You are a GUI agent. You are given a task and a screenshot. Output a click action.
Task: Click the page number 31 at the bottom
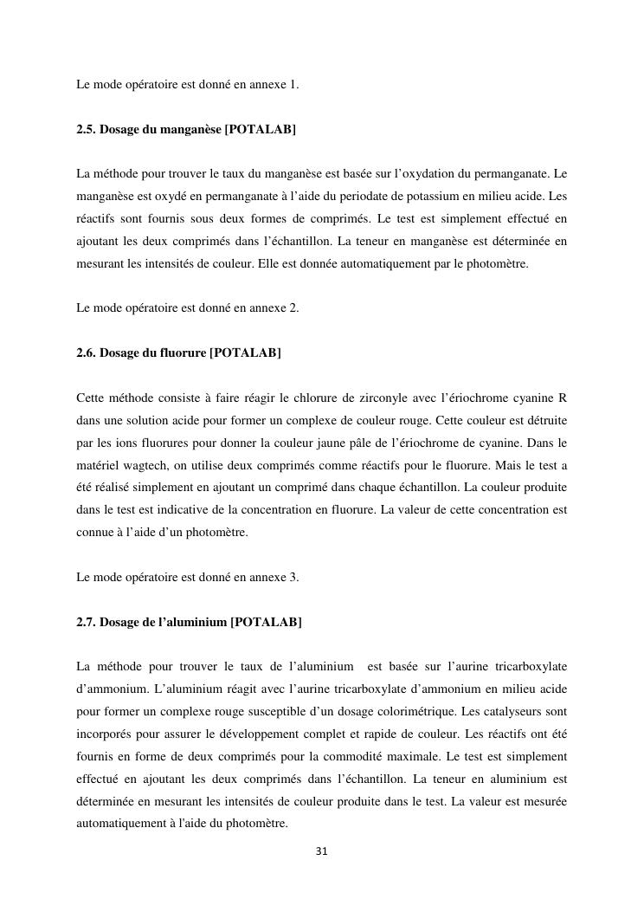point(321,851)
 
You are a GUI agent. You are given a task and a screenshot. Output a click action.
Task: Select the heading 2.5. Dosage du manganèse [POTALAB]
point(186,130)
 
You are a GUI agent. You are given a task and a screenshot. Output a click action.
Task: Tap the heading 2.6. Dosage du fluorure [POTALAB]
point(178,353)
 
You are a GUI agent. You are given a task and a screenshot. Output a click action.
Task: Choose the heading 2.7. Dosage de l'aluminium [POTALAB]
point(189,622)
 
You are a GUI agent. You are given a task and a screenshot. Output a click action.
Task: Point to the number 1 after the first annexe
point(294,85)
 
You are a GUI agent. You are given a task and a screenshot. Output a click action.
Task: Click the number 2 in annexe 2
point(295,307)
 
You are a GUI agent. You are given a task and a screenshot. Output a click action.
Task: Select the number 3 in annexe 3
point(295,577)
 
